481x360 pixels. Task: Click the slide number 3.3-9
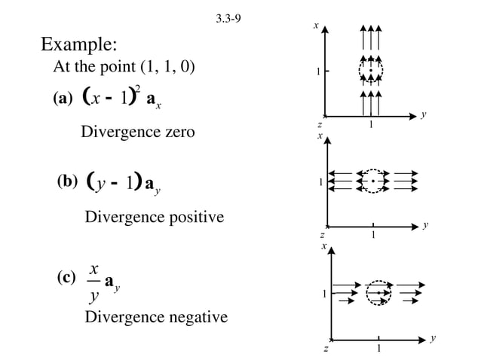coord(228,19)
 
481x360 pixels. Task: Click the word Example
coord(78,43)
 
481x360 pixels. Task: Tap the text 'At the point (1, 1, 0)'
coord(124,67)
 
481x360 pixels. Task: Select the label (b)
coord(68,182)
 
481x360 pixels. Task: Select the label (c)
coord(66,277)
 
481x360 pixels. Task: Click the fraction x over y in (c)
coord(93,282)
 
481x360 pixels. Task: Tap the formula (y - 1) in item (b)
coord(113,182)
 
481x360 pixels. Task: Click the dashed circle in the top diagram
coord(370,71)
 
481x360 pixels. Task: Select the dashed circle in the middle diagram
coord(372,182)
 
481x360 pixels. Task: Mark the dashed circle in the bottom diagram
coord(378,292)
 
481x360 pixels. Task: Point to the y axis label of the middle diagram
coord(426,224)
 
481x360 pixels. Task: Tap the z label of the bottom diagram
coord(325,348)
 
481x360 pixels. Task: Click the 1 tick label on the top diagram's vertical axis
coord(317,72)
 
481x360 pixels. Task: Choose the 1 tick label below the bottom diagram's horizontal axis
coord(378,348)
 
